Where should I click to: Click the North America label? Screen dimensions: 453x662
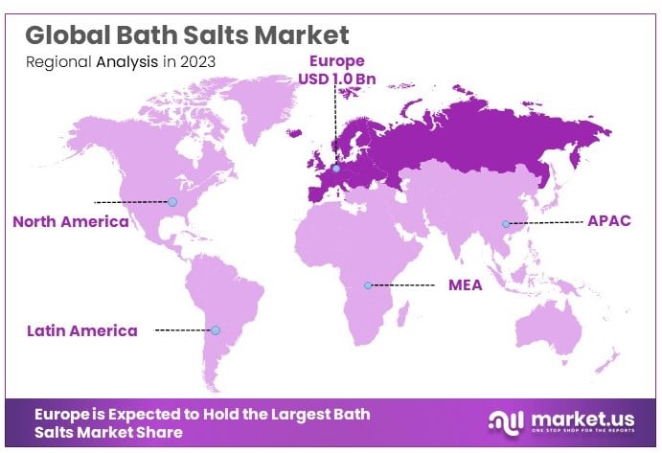point(70,221)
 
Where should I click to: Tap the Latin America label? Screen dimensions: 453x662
point(82,330)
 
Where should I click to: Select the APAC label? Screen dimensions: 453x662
point(608,220)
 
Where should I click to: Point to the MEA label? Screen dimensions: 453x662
point(466,284)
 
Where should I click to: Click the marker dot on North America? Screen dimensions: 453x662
point(172,202)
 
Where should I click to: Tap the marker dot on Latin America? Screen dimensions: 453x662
point(216,329)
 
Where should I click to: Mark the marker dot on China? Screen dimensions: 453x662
point(505,224)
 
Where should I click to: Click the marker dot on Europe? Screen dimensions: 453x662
point(335,169)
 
